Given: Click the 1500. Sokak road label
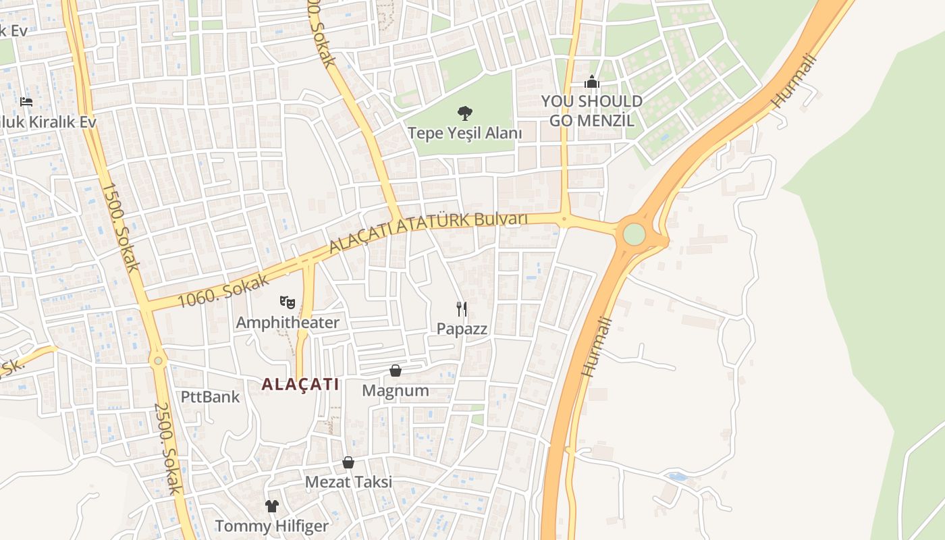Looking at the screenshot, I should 122,227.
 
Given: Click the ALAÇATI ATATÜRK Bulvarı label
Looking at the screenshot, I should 428,232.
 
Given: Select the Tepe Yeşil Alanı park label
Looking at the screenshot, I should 464,133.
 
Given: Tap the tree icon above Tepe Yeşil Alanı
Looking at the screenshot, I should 464,113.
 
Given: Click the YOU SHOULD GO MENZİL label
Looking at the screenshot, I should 591,111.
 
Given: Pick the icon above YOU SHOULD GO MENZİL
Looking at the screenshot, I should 592,82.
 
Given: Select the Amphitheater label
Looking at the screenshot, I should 288,323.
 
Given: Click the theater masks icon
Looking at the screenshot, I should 288,302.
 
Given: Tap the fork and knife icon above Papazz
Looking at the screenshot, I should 462,309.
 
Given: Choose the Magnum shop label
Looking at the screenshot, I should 396,390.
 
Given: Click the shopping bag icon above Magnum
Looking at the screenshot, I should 396,371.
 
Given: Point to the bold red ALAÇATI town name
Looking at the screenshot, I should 300,384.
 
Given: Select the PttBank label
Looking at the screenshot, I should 210,396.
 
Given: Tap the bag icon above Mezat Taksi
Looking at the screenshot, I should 348,462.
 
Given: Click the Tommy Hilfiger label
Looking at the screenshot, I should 271,526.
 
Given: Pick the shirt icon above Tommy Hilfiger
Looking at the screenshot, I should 271,506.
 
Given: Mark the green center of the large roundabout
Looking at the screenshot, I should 634,234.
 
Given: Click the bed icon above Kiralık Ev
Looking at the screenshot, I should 26,102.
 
